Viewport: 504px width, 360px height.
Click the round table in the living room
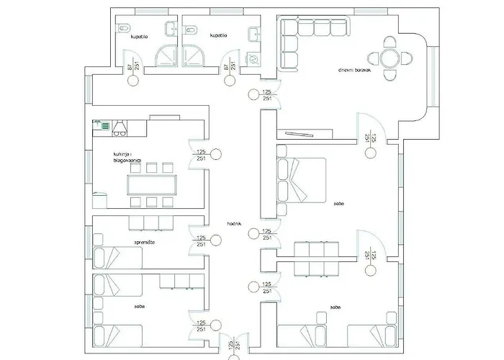(389, 57)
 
